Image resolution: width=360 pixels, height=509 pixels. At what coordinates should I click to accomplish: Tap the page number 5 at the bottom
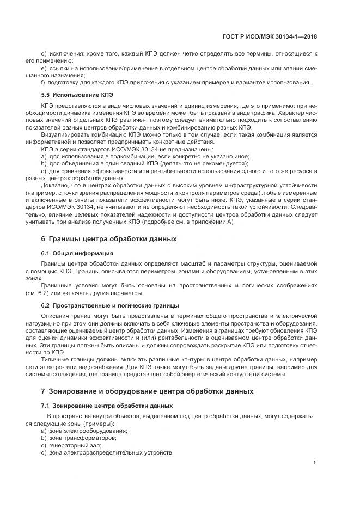pos(315,463)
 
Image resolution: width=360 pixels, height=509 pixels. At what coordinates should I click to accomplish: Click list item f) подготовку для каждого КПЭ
pos(175,82)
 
